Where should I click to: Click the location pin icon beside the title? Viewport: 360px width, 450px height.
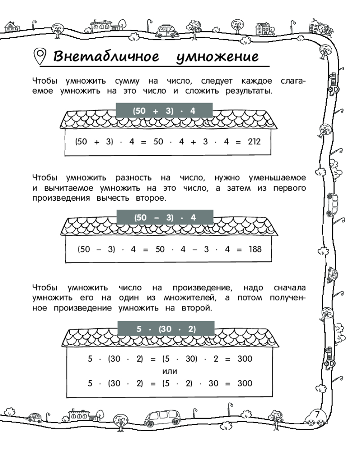[x=41, y=57]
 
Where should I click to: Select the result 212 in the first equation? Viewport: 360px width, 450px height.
[x=255, y=141]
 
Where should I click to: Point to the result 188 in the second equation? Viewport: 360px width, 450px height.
[x=255, y=248]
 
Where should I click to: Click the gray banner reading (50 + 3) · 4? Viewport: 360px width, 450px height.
[x=164, y=110]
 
